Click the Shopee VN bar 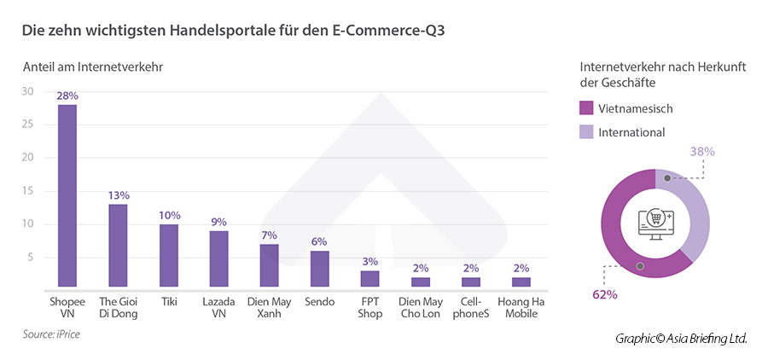[67, 196]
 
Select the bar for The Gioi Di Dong [118, 246]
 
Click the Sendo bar [319, 270]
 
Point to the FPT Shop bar [369, 279]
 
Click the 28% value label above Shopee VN [67, 96]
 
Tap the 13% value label [119, 195]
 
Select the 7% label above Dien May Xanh [269, 235]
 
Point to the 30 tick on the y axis [27, 91]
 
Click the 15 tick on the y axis [27, 191]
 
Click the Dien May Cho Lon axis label [421, 307]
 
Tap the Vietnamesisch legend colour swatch [586, 109]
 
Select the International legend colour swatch [586, 132]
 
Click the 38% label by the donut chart [702, 151]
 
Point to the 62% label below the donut [603, 294]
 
